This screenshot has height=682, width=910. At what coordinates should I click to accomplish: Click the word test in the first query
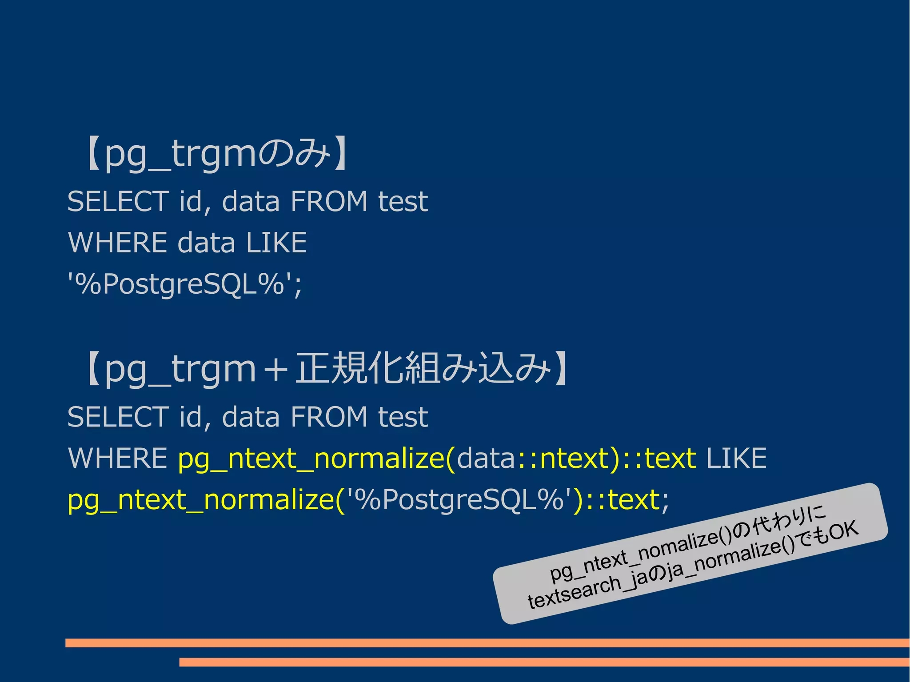coord(403,201)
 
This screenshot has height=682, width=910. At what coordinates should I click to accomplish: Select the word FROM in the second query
coord(329,417)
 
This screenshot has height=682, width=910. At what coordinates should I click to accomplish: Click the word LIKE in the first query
coord(276,243)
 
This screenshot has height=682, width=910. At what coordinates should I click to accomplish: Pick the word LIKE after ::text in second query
coord(736,459)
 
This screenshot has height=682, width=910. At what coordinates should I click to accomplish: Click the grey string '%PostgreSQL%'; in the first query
coord(185,284)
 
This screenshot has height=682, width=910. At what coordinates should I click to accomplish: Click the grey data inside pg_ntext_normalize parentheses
coord(485,459)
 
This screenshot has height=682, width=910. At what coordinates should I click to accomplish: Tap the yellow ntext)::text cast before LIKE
coord(618,459)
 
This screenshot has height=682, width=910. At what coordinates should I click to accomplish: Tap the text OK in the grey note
coord(843,531)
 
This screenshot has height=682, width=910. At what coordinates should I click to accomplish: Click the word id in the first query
coord(192,201)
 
